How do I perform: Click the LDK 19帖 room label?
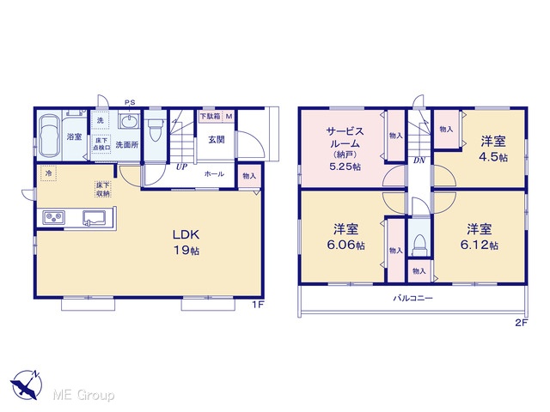click(186, 242)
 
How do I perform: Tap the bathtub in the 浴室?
click(49, 136)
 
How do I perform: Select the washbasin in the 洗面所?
click(129, 121)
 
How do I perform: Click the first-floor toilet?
click(155, 130)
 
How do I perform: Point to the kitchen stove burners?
click(53, 217)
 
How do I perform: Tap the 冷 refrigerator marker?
click(48, 173)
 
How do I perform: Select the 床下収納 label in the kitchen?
click(103, 189)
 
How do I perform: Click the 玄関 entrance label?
click(217, 139)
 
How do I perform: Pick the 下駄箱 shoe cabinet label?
click(210, 116)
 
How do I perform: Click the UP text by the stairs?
click(181, 167)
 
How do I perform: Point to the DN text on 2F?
click(419, 161)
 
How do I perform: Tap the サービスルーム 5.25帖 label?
click(345, 148)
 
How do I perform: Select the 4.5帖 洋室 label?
click(493, 149)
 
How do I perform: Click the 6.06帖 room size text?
click(345, 245)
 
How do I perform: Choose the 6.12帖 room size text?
click(480, 245)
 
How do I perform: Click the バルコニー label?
click(412, 299)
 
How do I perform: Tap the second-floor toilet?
click(419, 245)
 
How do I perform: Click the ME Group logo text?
click(83, 395)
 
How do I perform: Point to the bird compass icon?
click(27, 385)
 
